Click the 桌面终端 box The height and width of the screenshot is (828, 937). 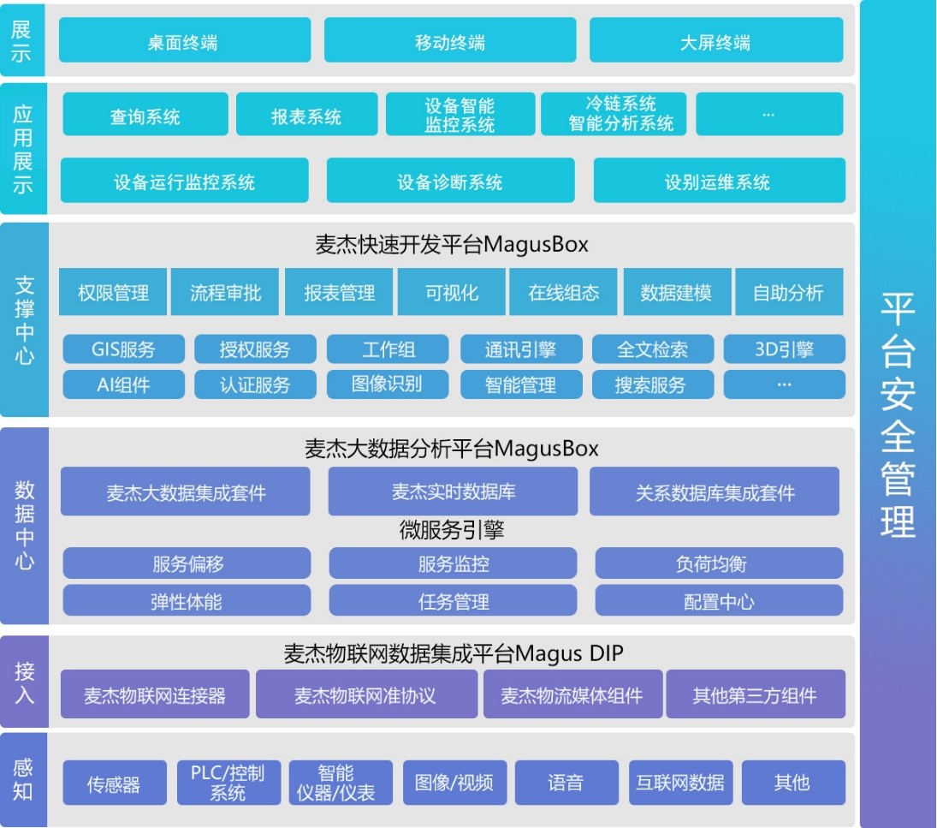point(184,42)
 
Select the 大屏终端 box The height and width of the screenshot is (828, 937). point(715,42)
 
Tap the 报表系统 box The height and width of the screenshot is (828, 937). point(306,116)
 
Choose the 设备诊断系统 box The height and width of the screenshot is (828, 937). point(450,181)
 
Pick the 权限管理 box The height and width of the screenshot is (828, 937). point(113,293)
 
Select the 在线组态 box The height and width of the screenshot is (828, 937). point(564,293)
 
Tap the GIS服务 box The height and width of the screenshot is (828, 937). point(124,349)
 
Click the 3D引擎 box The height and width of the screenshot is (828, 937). point(784,349)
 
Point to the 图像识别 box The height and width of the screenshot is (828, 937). point(387,384)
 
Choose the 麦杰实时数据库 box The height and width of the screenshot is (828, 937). point(454,491)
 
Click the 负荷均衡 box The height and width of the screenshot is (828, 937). point(719,563)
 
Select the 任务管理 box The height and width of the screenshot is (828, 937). point(454,601)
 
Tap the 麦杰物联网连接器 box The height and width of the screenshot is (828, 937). point(155,694)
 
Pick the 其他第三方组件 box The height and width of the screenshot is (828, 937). point(755,694)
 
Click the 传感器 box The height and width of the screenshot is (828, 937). point(113,783)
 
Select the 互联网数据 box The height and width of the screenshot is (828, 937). point(680,783)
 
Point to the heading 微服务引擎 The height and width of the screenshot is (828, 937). point(452,531)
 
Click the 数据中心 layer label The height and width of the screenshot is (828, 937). point(24,526)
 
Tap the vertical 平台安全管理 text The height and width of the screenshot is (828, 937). point(898,414)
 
